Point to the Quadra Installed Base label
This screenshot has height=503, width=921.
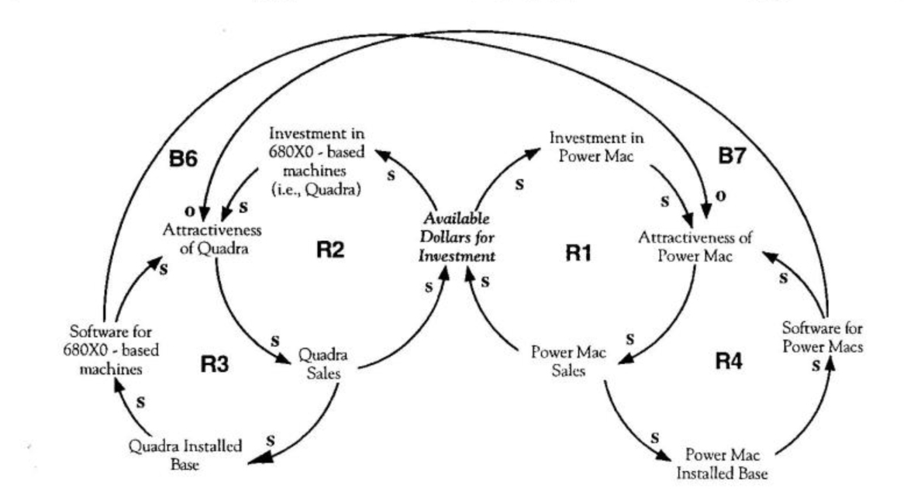pyautogui.click(x=185, y=454)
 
